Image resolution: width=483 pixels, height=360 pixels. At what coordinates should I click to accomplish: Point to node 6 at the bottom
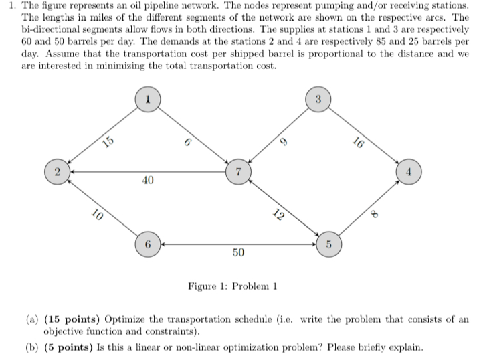click(148, 242)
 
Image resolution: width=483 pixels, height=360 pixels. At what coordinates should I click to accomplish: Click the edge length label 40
click(148, 181)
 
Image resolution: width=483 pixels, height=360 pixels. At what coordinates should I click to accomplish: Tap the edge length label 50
click(238, 252)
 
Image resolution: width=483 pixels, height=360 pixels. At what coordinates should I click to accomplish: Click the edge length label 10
click(97, 215)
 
